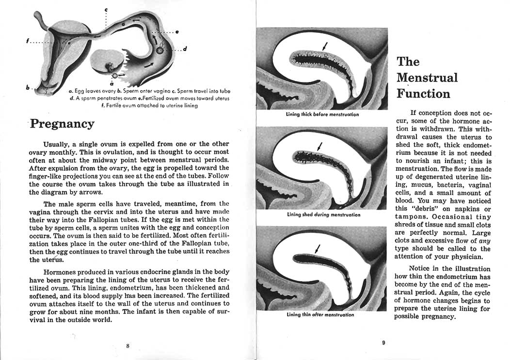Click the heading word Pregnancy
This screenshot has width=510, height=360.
62,124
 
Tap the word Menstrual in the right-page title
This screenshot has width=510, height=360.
427,78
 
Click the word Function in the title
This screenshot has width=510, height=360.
423,94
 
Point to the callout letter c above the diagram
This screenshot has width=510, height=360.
106,10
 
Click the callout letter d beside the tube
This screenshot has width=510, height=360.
185,49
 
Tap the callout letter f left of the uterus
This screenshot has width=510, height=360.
27,42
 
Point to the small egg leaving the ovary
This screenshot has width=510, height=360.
114,76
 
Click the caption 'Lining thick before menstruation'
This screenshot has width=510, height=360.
322,115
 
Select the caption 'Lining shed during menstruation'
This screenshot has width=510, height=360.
323,214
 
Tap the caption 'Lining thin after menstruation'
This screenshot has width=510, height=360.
320,314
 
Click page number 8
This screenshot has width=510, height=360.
127,346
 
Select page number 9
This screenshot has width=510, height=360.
383,343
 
